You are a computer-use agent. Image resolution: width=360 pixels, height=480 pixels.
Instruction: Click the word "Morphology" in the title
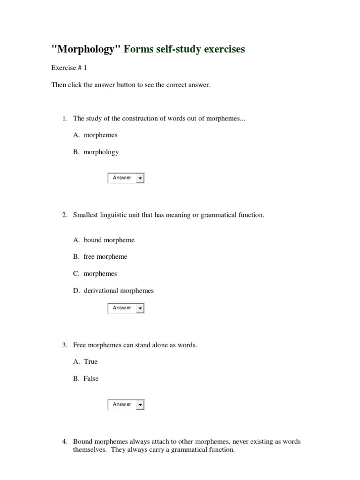click(86, 49)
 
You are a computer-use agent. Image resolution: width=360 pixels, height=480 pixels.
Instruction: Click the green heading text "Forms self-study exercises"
click(184, 49)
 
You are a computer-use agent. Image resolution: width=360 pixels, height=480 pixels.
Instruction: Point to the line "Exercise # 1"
click(69, 68)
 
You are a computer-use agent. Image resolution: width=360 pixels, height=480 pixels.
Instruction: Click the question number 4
click(64, 442)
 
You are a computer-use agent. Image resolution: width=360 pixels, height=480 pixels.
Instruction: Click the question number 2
click(64, 215)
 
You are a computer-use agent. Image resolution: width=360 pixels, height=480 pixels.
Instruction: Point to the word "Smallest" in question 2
click(86, 215)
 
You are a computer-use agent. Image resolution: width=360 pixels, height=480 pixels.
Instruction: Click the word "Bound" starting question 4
click(83, 442)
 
